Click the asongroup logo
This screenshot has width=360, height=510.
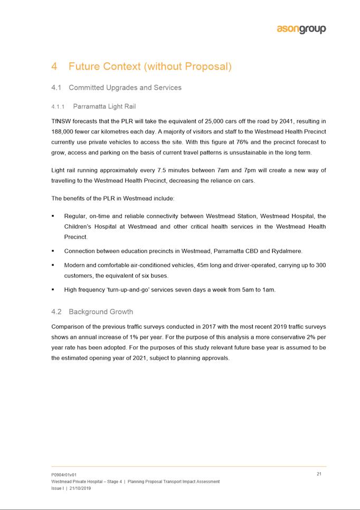click(x=301, y=29)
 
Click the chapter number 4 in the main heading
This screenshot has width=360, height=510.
click(x=54, y=67)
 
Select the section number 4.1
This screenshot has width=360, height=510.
click(x=57, y=88)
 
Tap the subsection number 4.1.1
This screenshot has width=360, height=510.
click(x=59, y=107)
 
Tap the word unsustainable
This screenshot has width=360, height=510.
click(x=252, y=153)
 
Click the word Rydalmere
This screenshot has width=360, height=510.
click(x=286, y=251)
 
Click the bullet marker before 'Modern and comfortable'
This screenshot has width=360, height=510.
click(x=53, y=265)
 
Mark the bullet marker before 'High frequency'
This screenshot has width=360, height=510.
click(x=53, y=290)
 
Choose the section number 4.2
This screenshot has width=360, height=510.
click(x=57, y=311)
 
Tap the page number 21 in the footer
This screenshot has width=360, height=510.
click(x=319, y=474)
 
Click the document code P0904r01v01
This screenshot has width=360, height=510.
click(x=64, y=475)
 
